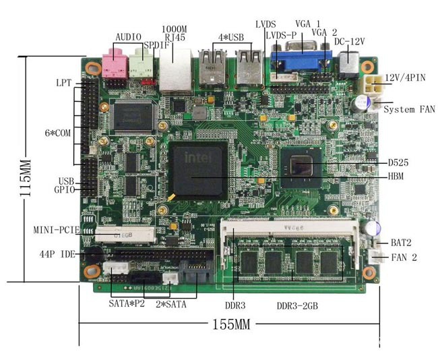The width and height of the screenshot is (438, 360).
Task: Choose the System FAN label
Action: point(409,109)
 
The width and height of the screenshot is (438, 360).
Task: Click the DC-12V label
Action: point(349,41)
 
